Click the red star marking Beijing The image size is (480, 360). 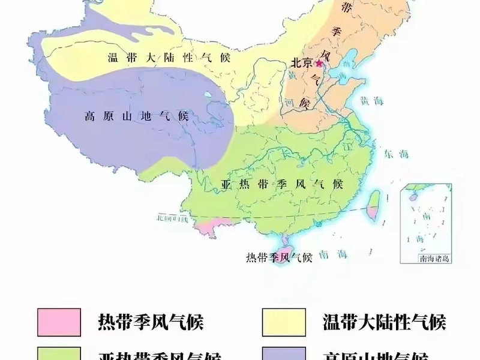(319, 62)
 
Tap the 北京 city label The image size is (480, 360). (302, 62)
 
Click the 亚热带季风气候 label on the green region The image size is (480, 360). (282, 184)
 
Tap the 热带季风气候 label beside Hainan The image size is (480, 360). (280, 258)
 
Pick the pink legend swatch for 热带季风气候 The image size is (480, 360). (59, 322)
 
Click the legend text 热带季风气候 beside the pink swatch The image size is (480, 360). (151, 323)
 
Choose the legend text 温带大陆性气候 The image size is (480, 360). (384, 323)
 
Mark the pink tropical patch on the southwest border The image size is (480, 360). (208, 227)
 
